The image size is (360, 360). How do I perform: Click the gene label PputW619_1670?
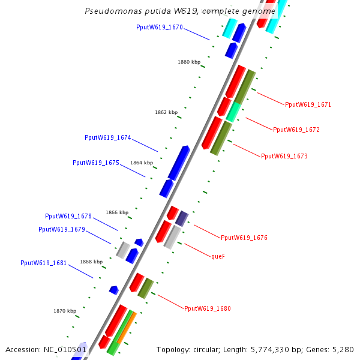(159, 28)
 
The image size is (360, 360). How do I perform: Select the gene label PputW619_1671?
(308, 104)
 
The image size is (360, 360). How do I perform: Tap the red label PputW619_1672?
(296, 130)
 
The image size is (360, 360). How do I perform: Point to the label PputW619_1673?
(284, 156)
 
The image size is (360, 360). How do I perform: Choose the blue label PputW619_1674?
(107, 138)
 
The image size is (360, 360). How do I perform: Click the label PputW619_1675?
(95, 163)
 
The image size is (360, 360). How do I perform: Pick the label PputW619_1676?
(244, 238)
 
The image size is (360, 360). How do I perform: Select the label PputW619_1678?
(68, 216)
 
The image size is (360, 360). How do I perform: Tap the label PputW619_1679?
(61, 229)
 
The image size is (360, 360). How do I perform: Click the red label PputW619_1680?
(207, 308)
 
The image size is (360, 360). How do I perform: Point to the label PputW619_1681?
(43, 263)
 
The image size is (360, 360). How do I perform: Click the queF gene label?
(218, 256)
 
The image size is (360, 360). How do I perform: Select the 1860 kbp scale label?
(188, 62)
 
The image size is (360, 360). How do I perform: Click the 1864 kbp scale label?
(142, 163)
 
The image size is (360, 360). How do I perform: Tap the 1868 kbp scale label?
(91, 262)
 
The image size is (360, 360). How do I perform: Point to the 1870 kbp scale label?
(65, 311)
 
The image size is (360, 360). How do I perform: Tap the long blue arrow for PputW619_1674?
(178, 163)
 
